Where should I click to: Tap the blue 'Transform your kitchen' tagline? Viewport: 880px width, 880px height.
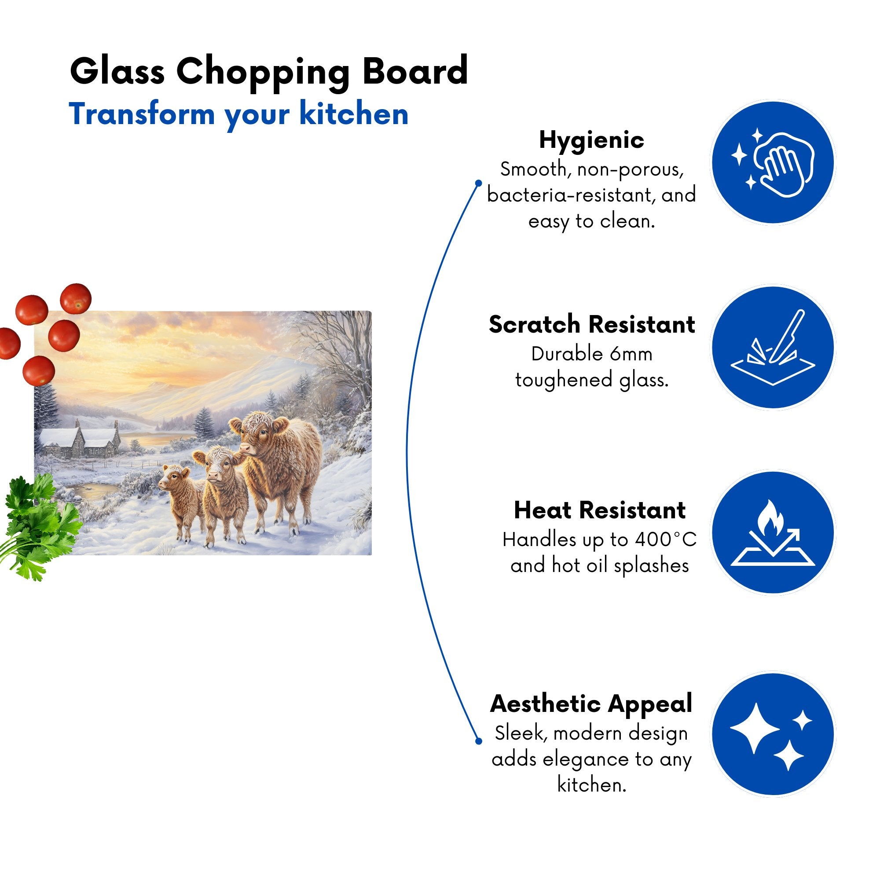pyautogui.click(x=238, y=114)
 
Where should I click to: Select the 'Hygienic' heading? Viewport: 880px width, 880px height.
pyautogui.click(x=591, y=140)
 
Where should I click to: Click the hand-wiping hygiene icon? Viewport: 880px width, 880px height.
pyautogui.click(x=773, y=163)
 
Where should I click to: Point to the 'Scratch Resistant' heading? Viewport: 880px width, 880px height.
pyautogui.click(x=592, y=325)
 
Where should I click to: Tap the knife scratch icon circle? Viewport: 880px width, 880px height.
pyautogui.click(x=773, y=348)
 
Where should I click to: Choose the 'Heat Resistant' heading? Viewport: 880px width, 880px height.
pyautogui.click(x=599, y=510)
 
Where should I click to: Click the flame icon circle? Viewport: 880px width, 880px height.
pyautogui.click(x=773, y=532)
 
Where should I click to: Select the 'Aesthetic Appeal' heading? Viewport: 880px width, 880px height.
pyautogui.click(x=591, y=704)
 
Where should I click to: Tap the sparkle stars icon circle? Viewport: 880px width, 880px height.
pyautogui.click(x=773, y=735)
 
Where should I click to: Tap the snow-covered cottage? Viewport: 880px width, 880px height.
pyautogui.click(x=79, y=440)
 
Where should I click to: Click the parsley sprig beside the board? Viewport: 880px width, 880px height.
pyautogui.click(x=39, y=526)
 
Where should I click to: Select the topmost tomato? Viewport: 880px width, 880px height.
pyautogui.click(x=76, y=298)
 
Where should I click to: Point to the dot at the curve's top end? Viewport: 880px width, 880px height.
pyautogui.click(x=478, y=183)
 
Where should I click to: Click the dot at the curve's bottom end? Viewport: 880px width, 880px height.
pyautogui.click(x=478, y=741)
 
